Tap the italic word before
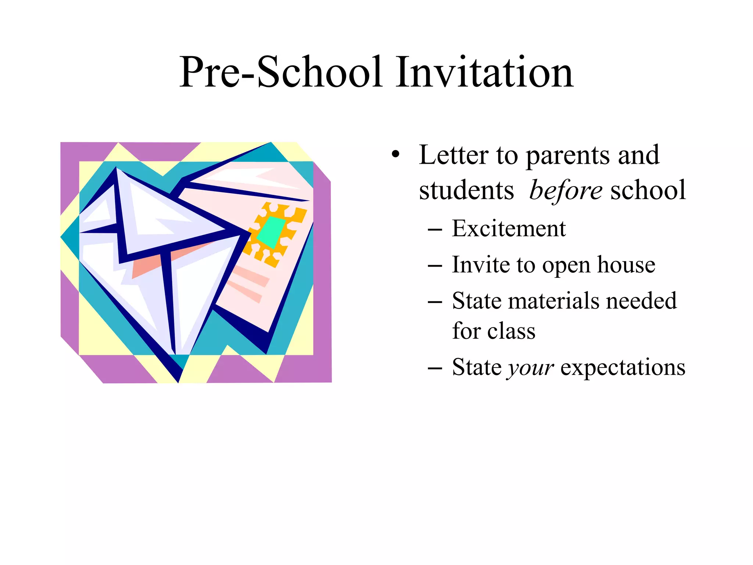[565, 191]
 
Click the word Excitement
[508, 229]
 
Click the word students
[466, 191]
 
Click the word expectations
[622, 367]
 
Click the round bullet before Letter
[395, 154]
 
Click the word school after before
[648, 191]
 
